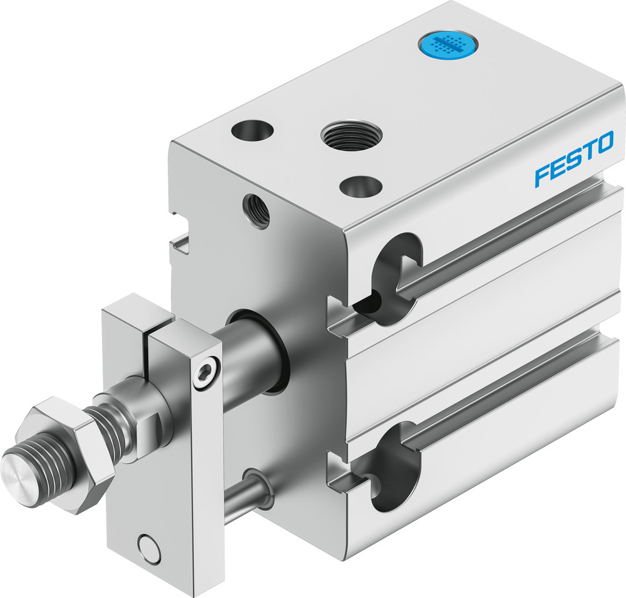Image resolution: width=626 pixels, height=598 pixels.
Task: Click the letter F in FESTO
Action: [542, 176]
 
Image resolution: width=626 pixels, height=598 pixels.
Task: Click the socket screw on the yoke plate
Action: [205, 374]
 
